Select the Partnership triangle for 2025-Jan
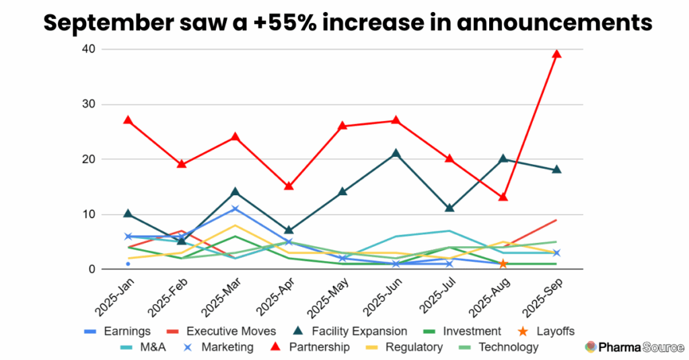pos(128,120)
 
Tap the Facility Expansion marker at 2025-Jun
pos(396,153)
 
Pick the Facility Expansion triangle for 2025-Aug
pos(503,159)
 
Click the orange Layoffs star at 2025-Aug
pos(503,264)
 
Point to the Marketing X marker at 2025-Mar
pos(235,209)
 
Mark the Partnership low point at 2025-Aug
pos(503,197)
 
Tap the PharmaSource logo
pos(632,347)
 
